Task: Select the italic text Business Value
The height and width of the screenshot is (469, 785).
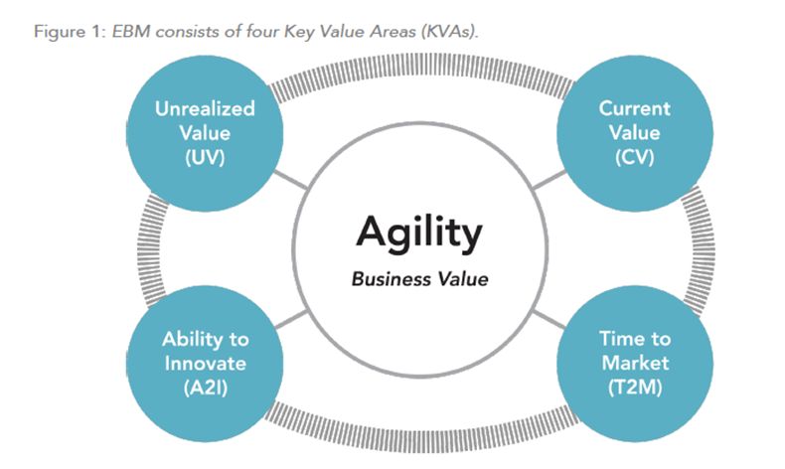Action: click(x=419, y=279)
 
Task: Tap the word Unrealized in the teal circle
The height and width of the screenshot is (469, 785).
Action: click(x=205, y=108)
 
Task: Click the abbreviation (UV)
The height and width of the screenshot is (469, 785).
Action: click(x=205, y=158)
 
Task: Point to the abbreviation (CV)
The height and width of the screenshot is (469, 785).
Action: click(x=634, y=158)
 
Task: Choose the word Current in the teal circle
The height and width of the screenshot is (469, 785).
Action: click(x=634, y=108)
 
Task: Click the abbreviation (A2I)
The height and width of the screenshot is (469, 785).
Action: click(x=206, y=388)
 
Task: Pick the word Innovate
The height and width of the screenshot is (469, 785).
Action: click(x=206, y=364)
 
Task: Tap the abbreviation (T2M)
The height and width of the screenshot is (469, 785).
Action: click(x=635, y=388)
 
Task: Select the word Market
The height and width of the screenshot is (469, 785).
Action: click(x=635, y=363)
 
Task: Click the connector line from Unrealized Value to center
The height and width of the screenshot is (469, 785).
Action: click(x=290, y=180)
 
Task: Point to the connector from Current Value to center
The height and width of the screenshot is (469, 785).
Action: click(x=549, y=181)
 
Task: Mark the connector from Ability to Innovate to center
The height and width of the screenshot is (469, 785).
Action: click(x=291, y=319)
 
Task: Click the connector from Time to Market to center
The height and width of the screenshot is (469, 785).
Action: click(x=549, y=319)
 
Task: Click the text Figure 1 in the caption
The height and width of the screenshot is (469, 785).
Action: click(x=68, y=32)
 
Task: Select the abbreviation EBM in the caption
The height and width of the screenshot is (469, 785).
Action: click(x=132, y=32)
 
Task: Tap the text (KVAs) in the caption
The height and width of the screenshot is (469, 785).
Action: click(x=449, y=32)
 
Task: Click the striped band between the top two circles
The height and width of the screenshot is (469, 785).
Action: click(x=420, y=67)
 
